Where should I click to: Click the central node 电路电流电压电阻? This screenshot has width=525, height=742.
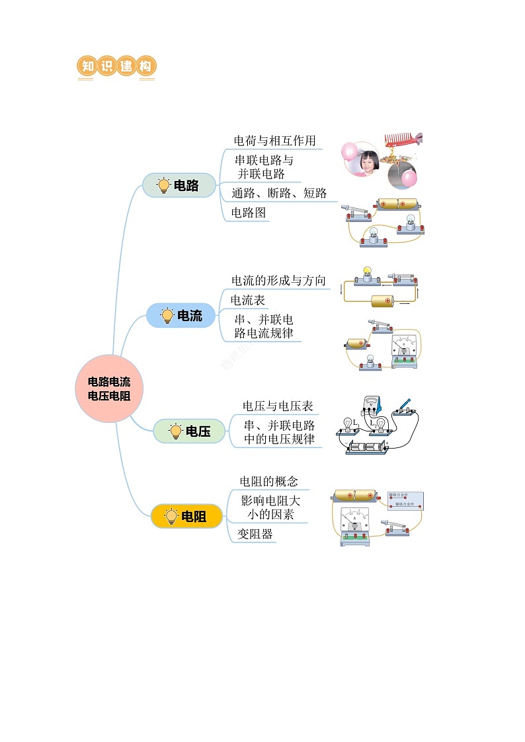coord(109,389)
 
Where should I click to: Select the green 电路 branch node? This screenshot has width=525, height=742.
coord(180,186)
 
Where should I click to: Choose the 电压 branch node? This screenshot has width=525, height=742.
coord(190,431)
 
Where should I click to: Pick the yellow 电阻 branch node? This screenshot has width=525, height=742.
coord(186,516)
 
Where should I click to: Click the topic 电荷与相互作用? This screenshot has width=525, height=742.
coord(274,141)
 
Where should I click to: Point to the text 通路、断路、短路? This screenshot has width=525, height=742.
coord(279,194)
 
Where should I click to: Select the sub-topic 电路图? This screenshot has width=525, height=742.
coord(249,213)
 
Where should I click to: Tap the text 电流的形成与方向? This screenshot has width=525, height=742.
coord(278,281)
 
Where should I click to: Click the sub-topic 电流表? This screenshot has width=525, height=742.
coord(248,300)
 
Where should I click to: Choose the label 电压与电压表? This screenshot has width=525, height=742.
coord(278,406)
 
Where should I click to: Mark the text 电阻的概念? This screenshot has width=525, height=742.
coord(268,481)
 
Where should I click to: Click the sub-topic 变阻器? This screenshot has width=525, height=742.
coord(255,534)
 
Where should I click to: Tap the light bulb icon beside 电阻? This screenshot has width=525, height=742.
coord(171,516)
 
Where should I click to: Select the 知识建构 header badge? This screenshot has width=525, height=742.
coord(116,67)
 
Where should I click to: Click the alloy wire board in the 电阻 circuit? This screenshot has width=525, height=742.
coord(405,500)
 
